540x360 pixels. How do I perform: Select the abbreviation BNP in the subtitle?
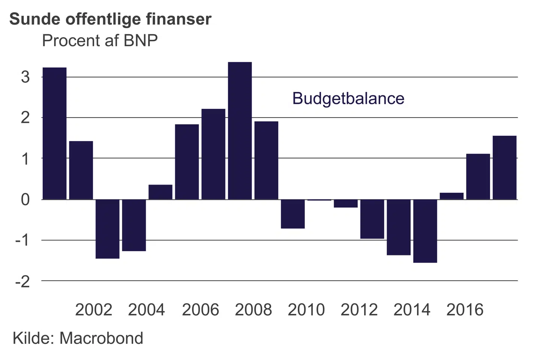tap(141, 40)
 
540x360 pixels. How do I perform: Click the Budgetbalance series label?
tap(348, 98)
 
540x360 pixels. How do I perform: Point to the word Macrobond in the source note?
tap(101, 338)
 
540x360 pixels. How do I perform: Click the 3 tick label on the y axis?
tap(25, 77)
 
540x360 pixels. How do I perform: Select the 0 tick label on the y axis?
tap(25, 199)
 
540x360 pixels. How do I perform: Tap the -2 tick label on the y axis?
tap(22, 281)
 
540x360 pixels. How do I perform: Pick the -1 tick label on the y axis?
tap(22, 240)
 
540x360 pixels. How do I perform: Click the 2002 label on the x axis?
tap(93, 310)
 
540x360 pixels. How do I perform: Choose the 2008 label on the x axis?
tap(253, 310)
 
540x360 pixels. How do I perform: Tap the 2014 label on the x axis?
tap(412, 310)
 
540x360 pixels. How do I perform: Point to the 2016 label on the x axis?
tap(465, 310)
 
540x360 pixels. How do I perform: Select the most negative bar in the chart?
tap(425, 231)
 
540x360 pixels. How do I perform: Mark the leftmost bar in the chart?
tap(54, 133)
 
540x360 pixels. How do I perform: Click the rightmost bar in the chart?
tap(504, 167)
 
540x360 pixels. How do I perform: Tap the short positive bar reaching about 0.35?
tap(160, 192)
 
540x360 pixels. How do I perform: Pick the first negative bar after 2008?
tap(292, 214)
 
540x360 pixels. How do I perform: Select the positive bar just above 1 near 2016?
tap(478, 176)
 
